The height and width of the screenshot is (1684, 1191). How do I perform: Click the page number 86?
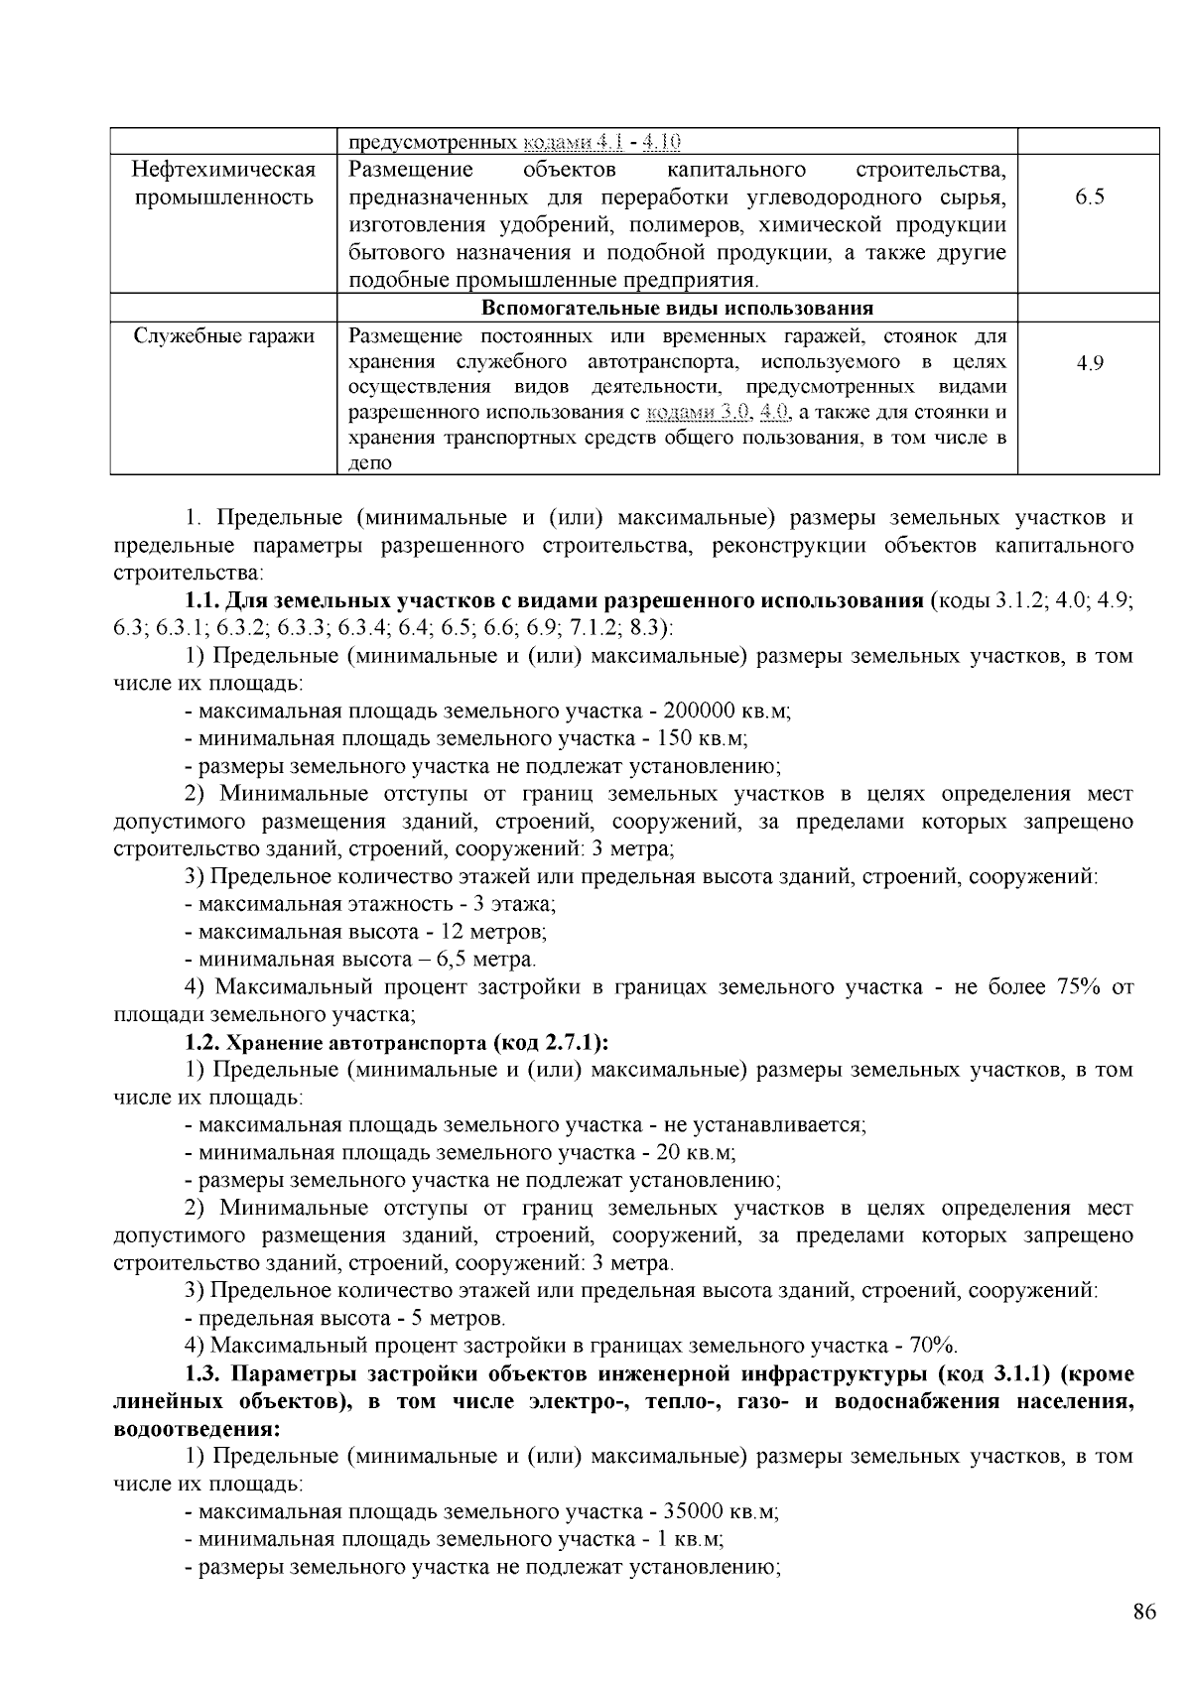click(x=1144, y=1613)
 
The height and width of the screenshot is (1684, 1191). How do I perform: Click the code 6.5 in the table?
click(x=1089, y=196)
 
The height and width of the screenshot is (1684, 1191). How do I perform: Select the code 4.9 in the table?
click(x=1089, y=363)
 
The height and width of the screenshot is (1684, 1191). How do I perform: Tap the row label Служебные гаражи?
click(x=224, y=336)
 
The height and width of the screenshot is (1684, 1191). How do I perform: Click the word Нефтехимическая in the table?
click(x=224, y=170)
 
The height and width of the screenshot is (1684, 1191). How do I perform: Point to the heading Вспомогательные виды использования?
click(x=677, y=308)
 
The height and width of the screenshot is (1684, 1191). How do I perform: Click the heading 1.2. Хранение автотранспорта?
click(x=397, y=1043)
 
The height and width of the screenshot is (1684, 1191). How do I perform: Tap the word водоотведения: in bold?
click(x=197, y=1429)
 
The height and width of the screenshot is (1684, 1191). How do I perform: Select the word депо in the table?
click(x=371, y=462)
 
